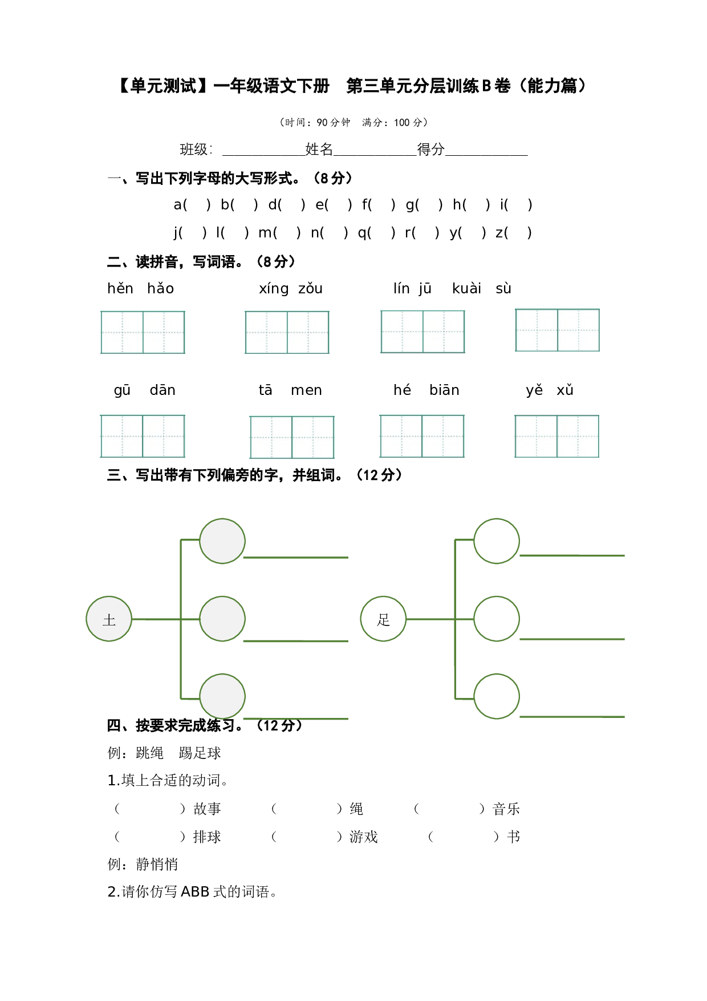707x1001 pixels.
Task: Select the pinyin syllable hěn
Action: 120,288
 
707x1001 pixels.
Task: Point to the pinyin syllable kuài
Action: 466,288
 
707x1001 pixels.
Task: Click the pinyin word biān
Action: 444,390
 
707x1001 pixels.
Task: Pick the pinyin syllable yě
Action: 534,390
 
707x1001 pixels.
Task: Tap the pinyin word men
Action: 306,390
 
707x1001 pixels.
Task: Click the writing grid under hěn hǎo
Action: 143,332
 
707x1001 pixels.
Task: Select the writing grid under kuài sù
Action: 557,330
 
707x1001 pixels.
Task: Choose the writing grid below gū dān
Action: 143,436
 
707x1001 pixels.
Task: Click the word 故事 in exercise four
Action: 207,809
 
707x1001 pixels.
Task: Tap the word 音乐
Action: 506,809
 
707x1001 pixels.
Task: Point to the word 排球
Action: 207,837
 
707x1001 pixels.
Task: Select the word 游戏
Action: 364,837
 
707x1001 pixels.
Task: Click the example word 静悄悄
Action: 157,864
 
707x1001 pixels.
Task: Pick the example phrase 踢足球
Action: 200,753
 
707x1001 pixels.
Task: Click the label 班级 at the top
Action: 193,150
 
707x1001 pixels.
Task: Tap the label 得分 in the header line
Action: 431,150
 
